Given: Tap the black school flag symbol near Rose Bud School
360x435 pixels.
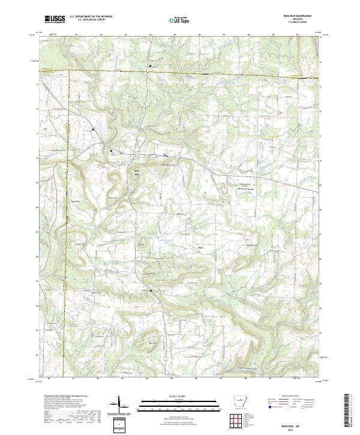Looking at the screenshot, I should [111, 150].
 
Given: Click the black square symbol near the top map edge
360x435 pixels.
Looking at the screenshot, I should [150, 65].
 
